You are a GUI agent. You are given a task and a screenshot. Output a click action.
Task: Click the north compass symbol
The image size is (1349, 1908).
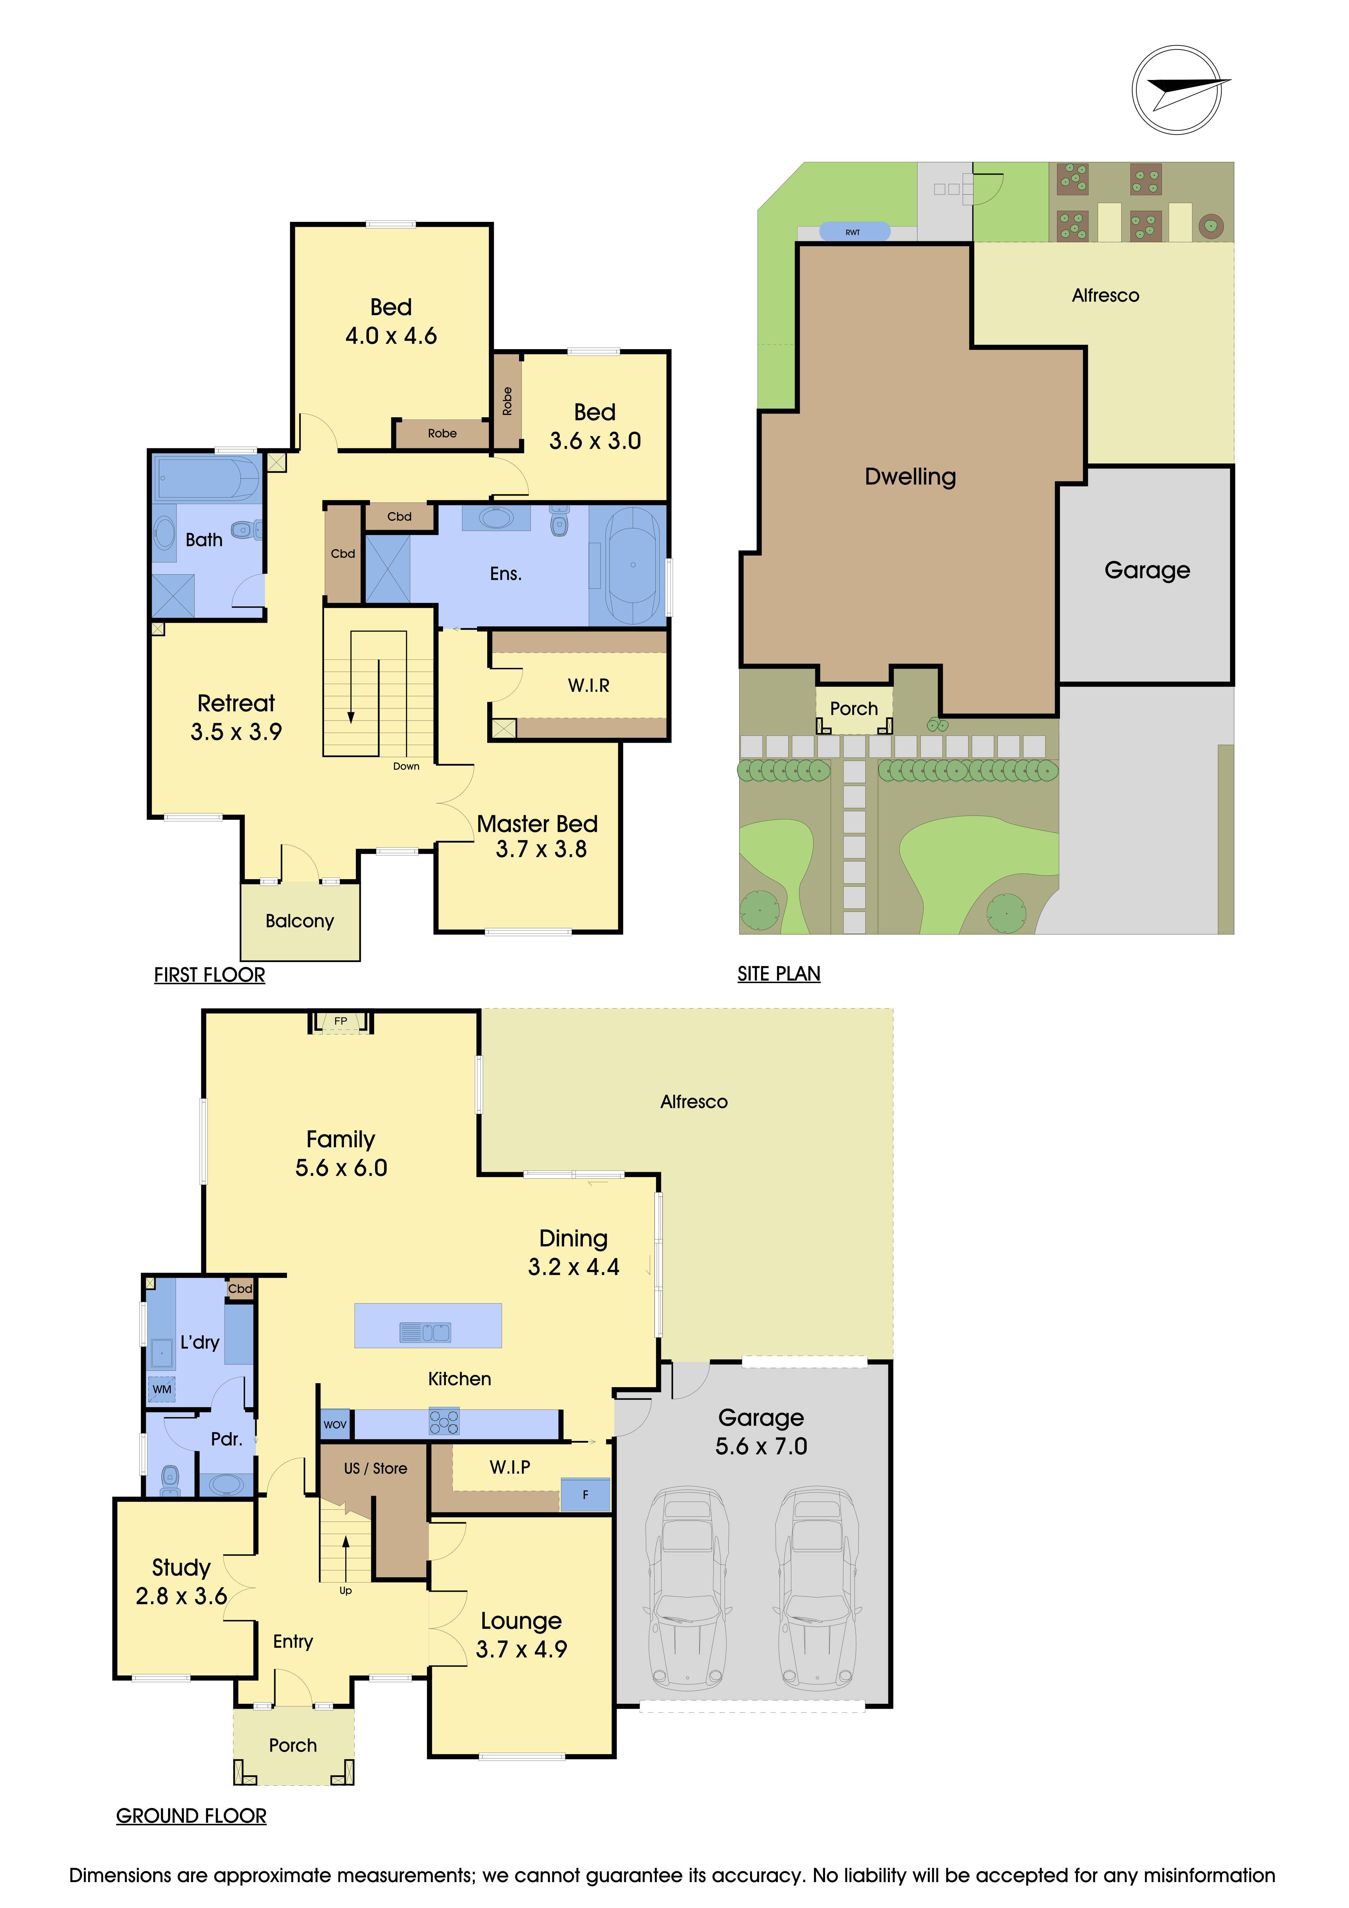[x=1177, y=90]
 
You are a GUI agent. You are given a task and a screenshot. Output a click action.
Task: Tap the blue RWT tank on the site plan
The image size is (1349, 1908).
[x=854, y=232]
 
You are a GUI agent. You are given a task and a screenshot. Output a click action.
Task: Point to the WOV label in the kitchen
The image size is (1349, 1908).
[x=335, y=1424]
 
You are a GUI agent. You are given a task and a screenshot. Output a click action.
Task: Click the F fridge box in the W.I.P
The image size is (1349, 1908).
[x=586, y=1494]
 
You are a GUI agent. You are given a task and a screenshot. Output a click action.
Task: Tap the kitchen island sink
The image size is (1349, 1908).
[x=426, y=1333]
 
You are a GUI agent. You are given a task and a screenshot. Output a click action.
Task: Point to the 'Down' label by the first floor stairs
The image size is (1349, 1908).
[x=406, y=766]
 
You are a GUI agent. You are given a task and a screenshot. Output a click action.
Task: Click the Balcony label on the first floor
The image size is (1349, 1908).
[x=300, y=921]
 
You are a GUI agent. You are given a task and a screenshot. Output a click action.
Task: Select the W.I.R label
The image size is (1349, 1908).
[x=589, y=686]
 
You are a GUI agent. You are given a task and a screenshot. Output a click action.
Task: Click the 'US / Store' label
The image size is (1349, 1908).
[x=376, y=1468]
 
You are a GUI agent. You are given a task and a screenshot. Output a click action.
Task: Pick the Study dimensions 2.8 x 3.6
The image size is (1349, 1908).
[x=181, y=1596]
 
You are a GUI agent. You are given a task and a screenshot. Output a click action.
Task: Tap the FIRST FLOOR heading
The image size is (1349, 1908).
[x=209, y=975]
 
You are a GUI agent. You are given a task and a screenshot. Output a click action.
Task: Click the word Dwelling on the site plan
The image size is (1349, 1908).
[x=910, y=477]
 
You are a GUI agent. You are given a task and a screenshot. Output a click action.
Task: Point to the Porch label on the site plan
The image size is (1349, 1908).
[x=854, y=709]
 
